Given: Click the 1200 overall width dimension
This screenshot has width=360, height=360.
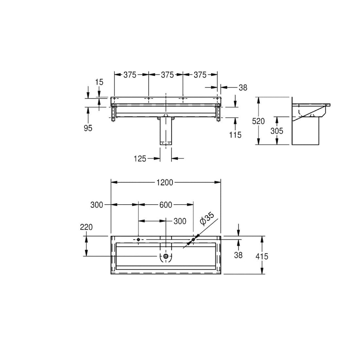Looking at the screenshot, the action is click(165, 182).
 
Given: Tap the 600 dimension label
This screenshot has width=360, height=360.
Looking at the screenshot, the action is click(166, 205).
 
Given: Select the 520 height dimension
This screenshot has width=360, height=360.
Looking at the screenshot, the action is click(258, 121).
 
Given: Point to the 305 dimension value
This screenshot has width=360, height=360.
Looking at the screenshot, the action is click(277, 131).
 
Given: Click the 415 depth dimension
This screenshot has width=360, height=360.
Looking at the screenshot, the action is click(262, 256).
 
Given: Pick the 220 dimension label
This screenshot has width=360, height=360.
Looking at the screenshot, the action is click(86, 227).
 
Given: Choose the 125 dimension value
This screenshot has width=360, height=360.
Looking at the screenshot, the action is click(140, 159).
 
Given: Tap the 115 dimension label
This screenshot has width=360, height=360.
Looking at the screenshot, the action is click(235, 135).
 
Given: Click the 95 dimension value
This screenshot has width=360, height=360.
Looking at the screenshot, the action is click(88, 128).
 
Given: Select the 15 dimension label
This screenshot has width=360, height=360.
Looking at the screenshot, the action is click(99, 82).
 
